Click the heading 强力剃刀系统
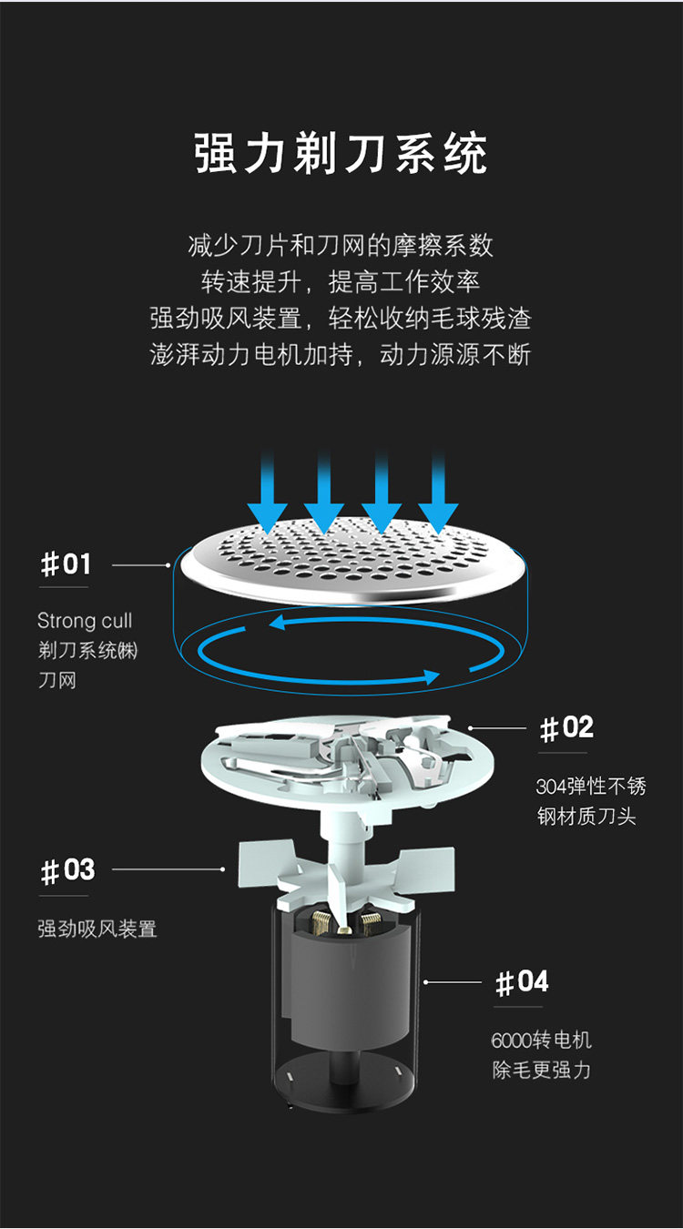point(341,154)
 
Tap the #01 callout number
point(66,564)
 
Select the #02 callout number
point(566,728)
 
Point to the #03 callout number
point(67,870)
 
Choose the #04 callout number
point(522,982)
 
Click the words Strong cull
point(85,621)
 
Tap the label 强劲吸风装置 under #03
point(97,929)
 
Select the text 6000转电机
point(542,1040)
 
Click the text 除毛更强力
point(542,1070)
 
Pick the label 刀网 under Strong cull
point(57,680)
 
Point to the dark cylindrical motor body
point(346,983)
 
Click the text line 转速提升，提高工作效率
point(341,282)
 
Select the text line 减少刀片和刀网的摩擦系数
point(341,246)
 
